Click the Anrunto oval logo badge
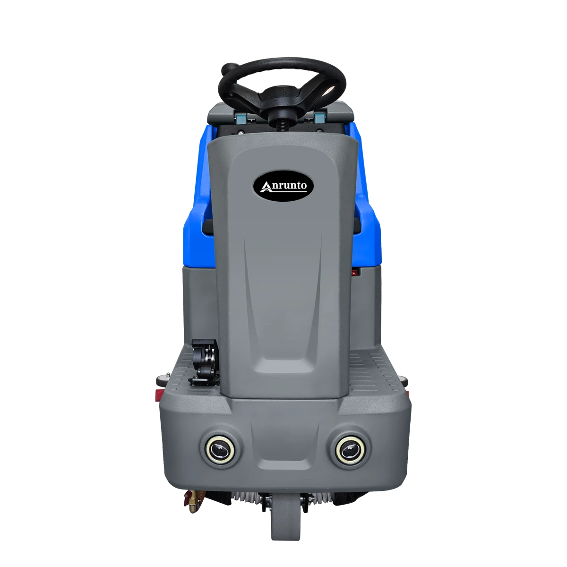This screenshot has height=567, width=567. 283,187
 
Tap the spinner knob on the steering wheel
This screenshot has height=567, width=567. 227,69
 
